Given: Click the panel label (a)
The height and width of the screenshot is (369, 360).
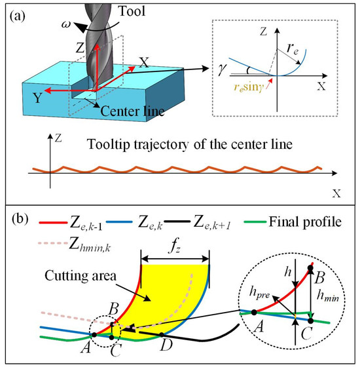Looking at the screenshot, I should point(20,16).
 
